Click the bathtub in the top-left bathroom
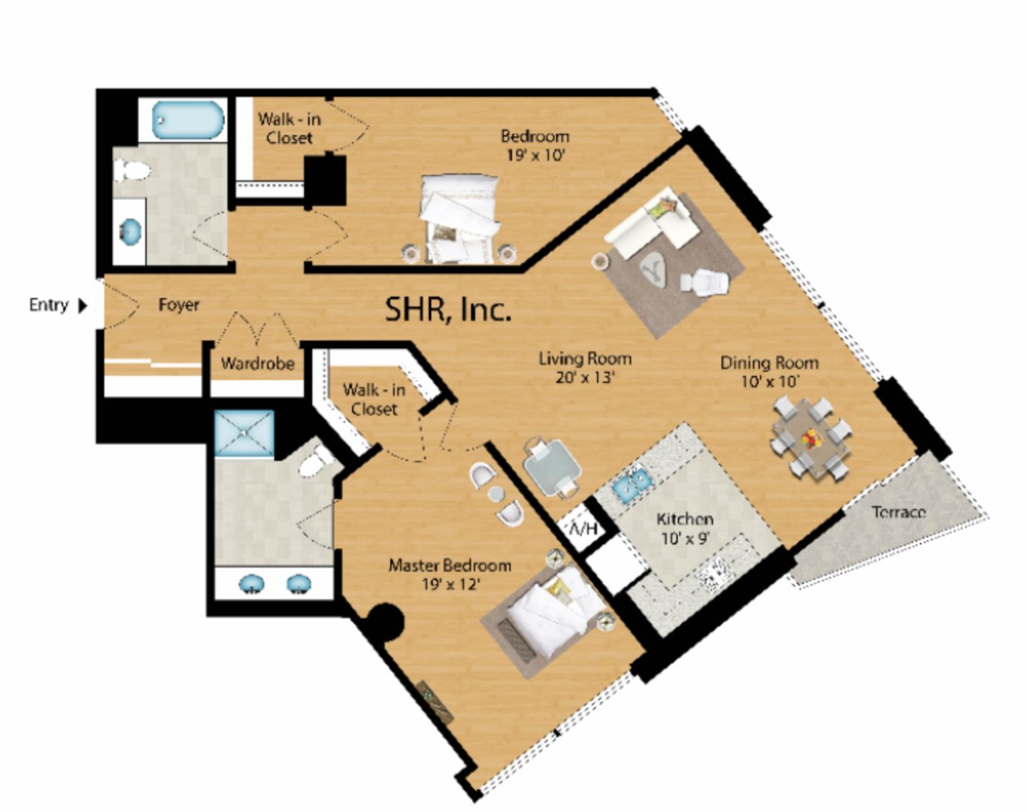tap(187, 120)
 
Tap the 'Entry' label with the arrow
tap(58, 304)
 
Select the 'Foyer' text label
tap(178, 304)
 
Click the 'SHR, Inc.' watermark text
tap(447, 309)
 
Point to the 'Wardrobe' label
tap(258, 364)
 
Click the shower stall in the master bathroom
tap(244, 432)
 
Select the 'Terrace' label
tap(899, 512)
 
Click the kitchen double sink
tap(631, 480)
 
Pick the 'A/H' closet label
tap(583, 529)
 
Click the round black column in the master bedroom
tap(385, 623)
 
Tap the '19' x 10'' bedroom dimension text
tap(535, 155)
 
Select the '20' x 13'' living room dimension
tap(585, 377)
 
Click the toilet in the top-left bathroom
tap(132, 170)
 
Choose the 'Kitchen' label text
tap(685, 519)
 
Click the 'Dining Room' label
tap(769, 363)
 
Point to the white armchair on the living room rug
tap(704, 282)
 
